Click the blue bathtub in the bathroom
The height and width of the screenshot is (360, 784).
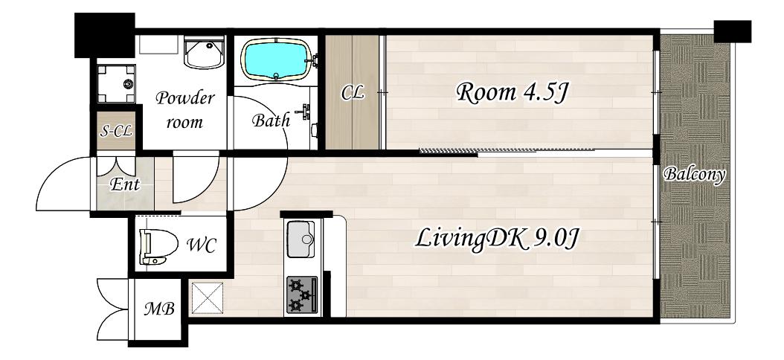point(277,60)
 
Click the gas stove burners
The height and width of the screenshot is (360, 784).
point(301,295)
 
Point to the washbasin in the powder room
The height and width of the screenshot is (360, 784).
point(205,53)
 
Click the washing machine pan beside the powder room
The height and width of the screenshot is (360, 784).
point(117,83)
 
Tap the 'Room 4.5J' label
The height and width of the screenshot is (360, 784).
point(512,93)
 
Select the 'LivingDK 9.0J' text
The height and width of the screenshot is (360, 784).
point(497,239)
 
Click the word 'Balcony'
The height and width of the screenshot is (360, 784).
point(695,175)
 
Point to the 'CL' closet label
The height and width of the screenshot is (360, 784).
point(353,93)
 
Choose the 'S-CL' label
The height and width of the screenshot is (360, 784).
point(116,132)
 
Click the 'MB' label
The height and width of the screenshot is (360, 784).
point(159,309)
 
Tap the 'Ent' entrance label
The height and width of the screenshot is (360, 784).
point(124,185)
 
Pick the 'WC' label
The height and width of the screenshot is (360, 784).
point(202,245)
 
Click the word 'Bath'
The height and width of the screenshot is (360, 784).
point(271,120)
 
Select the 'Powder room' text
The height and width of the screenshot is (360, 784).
point(184,109)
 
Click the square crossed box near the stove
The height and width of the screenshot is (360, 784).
point(207,298)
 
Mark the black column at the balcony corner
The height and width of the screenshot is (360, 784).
point(733,31)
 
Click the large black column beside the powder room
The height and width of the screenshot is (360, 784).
point(104,35)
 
